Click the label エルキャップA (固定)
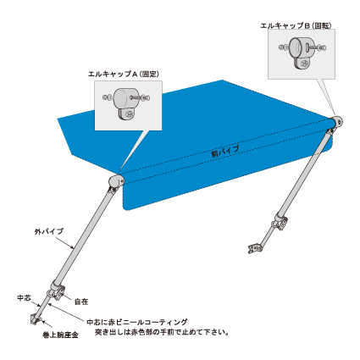coord(124,75)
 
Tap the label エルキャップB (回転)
coord(296,25)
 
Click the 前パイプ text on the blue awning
coord(225,152)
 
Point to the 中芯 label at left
coord(25,298)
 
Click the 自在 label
coord(81,302)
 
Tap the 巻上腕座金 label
coord(60,335)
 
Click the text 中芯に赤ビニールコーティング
coord(137,322)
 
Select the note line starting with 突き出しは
coord(162,332)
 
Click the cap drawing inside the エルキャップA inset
coord(125,104)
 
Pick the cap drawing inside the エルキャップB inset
coord(302,53)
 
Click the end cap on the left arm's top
coord(116,181)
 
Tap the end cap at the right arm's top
coord(336,123)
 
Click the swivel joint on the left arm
coord(57,291)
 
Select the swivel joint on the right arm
coord(280,222)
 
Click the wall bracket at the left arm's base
coord(36,319)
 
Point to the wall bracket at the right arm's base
coord(255,249)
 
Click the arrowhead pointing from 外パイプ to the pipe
coord(73,247)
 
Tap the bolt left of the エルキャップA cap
coord(108,97)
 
